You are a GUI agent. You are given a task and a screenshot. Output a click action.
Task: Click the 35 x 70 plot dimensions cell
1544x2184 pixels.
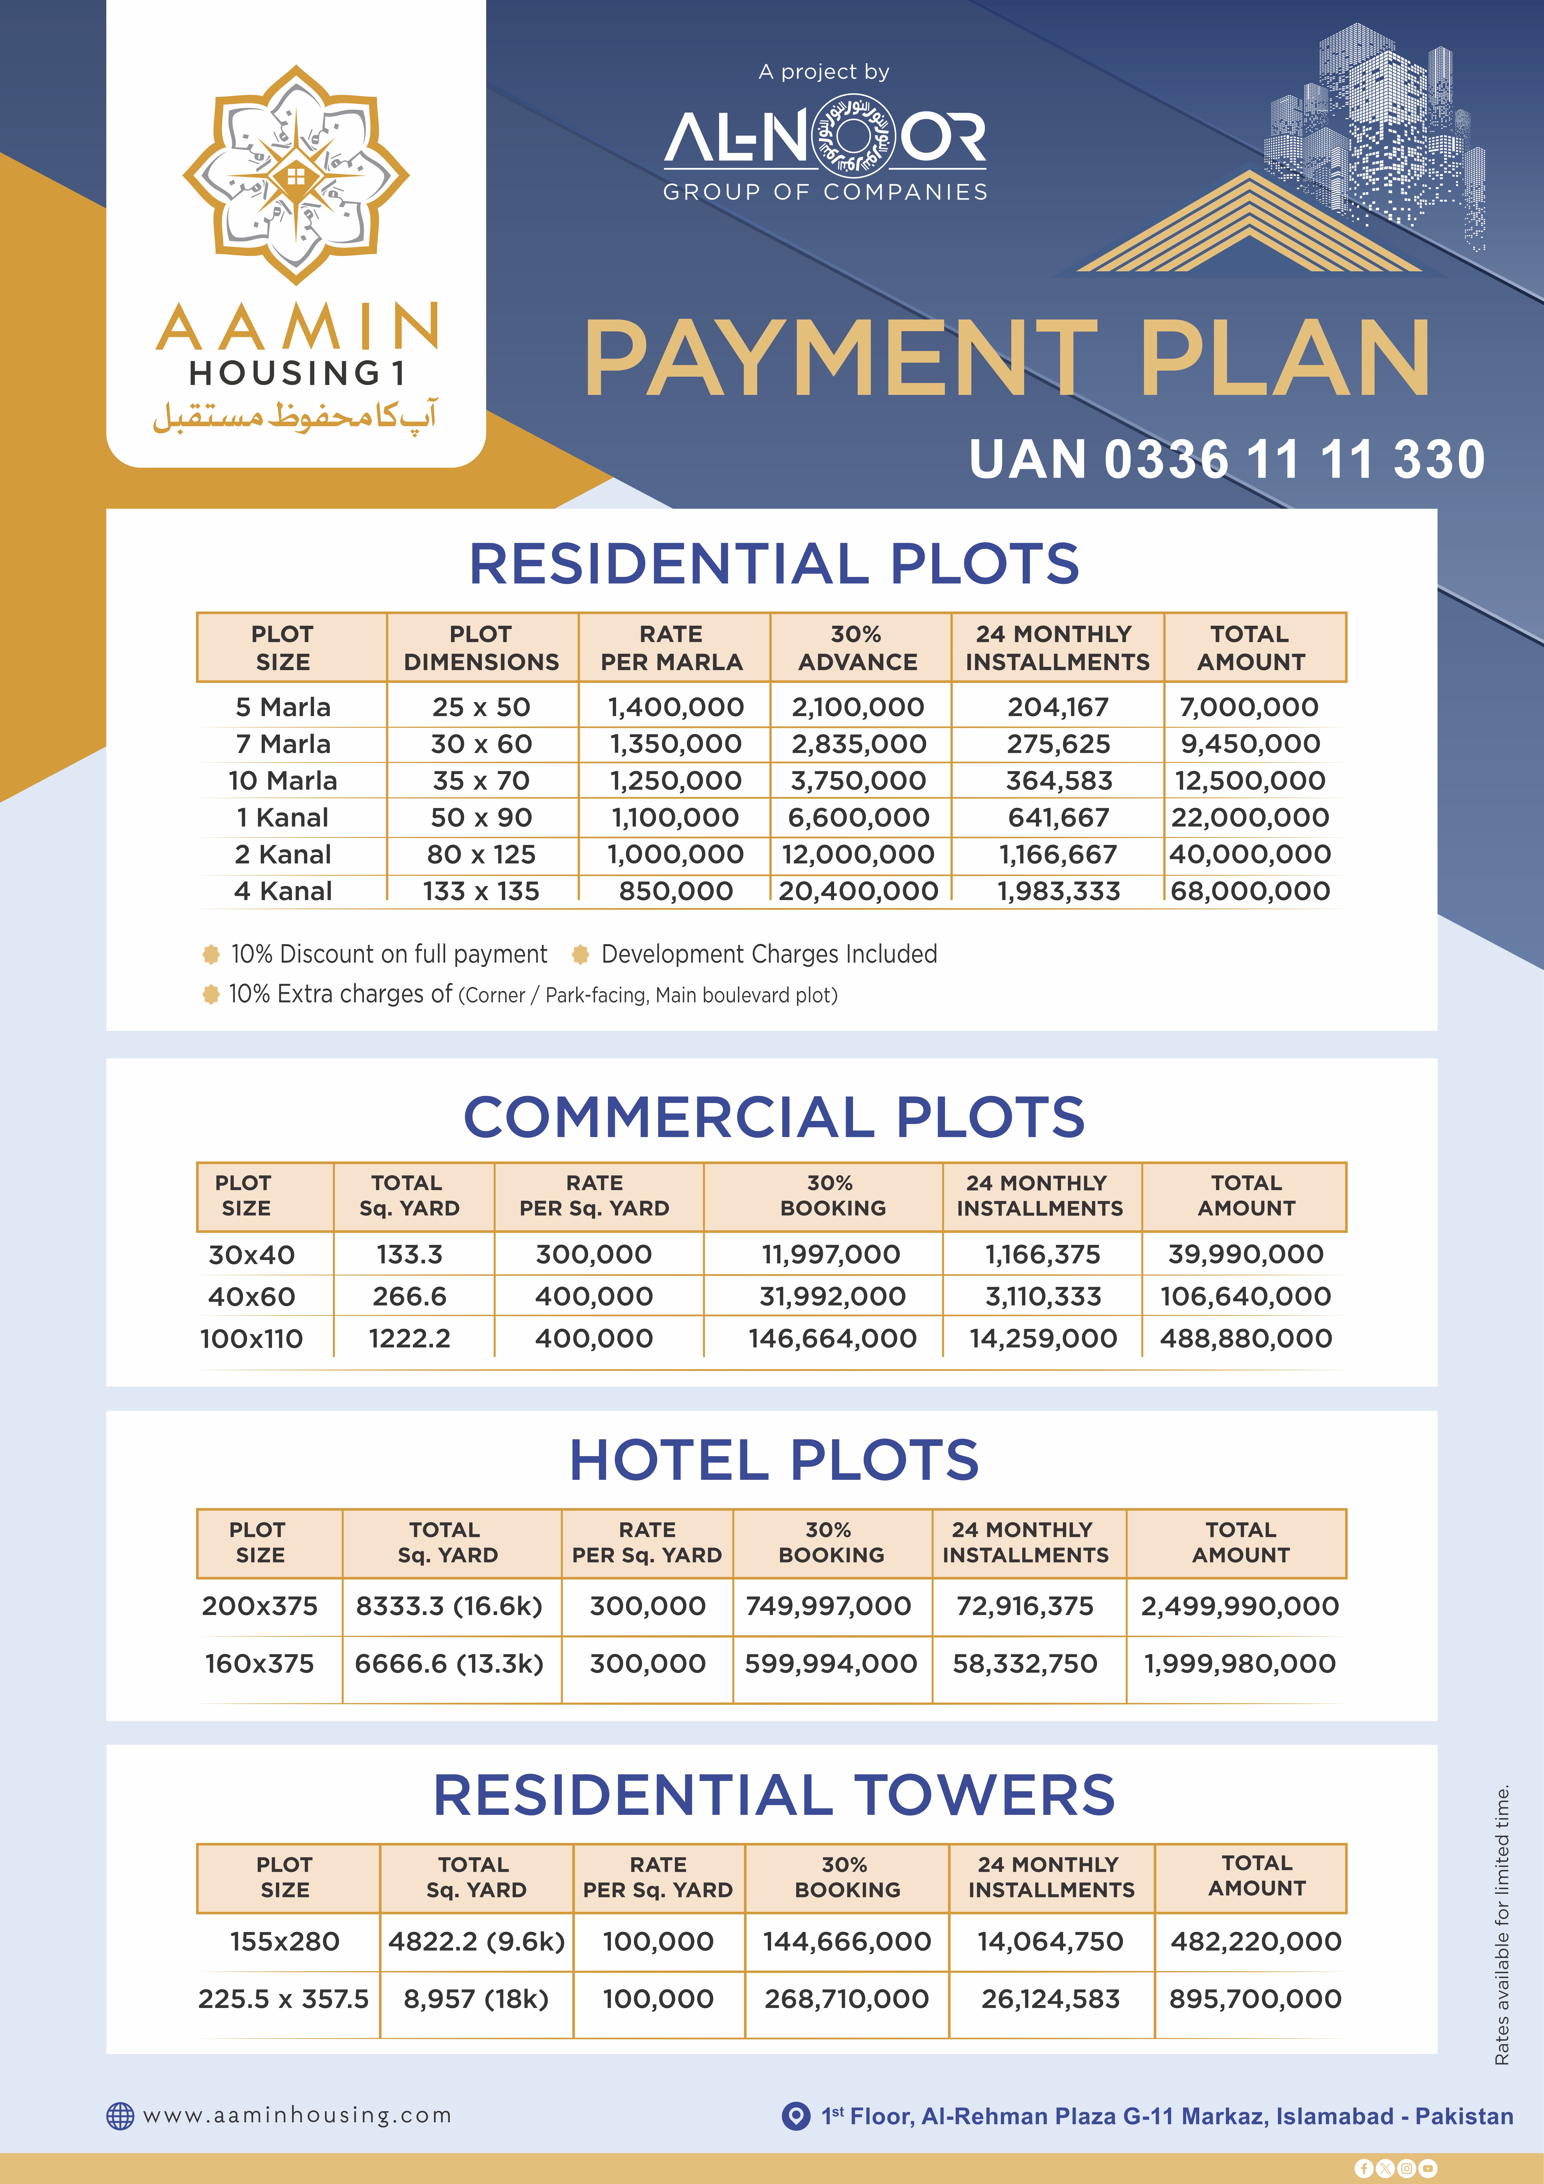click(481, 781)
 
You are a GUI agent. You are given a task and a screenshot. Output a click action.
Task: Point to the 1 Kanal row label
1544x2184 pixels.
click(282, 817)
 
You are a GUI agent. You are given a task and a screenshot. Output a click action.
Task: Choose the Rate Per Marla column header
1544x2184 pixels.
click(672, 648)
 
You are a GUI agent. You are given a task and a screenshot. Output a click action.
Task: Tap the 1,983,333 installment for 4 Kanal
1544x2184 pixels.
click(1058, 891)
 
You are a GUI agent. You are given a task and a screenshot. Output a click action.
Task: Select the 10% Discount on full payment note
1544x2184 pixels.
click(388, 954)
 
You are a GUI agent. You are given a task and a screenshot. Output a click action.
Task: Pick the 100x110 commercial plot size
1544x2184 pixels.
click(251, 1338)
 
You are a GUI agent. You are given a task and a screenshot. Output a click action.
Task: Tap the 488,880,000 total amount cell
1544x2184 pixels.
click(1245, 1338)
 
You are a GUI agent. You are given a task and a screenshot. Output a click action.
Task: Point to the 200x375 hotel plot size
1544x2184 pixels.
click(260, 1607)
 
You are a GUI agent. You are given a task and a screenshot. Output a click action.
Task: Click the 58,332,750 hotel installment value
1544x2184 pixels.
click(1025, 1664)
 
